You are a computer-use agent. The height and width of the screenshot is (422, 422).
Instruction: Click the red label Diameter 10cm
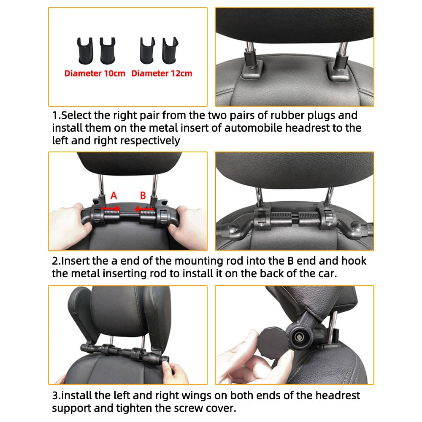pyautogui.click(x=95, y=73)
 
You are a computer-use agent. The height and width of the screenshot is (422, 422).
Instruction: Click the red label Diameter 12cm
pyautogui.click(x=162, y=73)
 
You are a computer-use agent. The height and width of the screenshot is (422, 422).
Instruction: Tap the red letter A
pyautogui.click(x=113, y=195)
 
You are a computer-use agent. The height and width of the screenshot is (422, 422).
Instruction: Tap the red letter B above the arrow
pyautogui.click(x=143, y=195)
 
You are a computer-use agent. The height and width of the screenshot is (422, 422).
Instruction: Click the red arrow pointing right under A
pyautogui.click(x=111, y=208)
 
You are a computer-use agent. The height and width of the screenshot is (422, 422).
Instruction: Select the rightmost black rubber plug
pyautogui.click(x=170, y=48)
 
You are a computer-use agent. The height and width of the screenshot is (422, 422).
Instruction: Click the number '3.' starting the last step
pyautogui.click(x=57, y=396)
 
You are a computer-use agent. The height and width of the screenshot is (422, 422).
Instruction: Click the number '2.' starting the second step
pyautogui.click(x=57, y=261)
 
